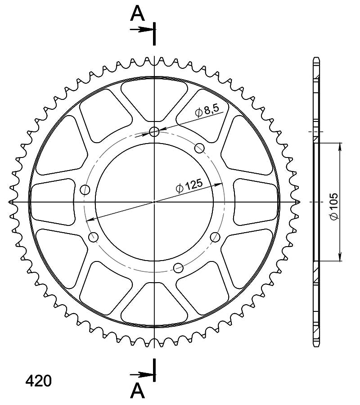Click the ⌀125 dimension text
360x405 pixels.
(x=189, y=186)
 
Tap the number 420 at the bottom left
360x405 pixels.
(x=39, y=381)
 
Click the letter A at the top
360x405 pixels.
(x=137, y=13)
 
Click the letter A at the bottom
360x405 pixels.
(x=137, y=391)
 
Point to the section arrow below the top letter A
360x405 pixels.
(x=140, y=29)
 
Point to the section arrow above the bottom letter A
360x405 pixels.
(x=140, y=374)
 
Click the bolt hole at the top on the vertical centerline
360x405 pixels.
(x=154, y=132)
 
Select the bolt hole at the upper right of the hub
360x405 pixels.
(x=199, y=148)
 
